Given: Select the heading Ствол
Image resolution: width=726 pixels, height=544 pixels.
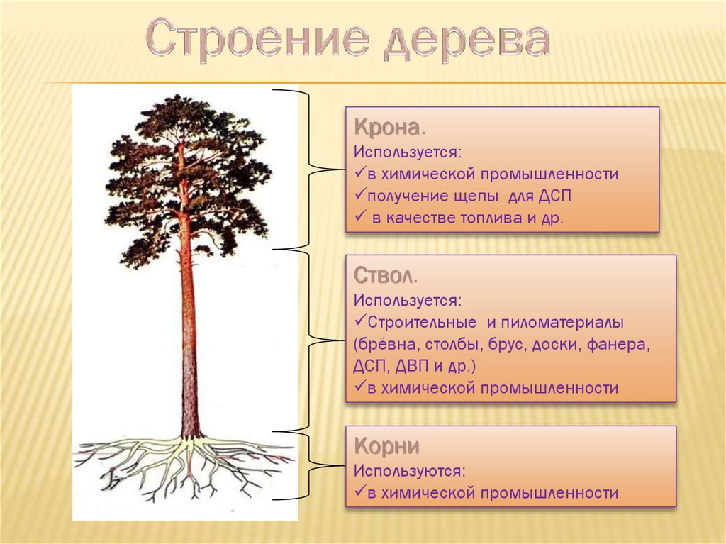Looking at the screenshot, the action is (x=385, y=275).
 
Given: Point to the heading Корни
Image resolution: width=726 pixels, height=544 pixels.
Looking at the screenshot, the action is (x=386, y=445).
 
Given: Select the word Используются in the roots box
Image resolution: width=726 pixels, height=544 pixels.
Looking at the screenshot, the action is (x=409, y=471).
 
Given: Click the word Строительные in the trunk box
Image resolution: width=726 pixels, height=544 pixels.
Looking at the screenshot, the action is (x=422, y=323).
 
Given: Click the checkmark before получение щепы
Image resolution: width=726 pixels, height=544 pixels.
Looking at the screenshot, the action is (x=360, y=194).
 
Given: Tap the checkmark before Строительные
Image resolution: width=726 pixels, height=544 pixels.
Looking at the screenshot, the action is (x=360, y=321).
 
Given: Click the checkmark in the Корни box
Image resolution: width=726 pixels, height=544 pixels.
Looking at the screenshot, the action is (x=360, y=492).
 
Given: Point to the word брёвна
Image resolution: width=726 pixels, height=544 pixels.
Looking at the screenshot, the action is (x=387, y=345).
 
